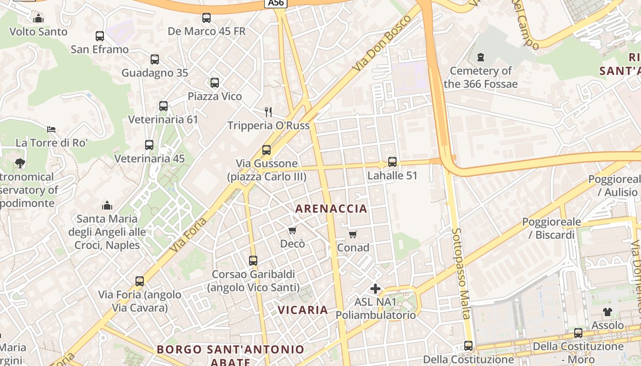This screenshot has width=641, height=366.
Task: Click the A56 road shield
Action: [276, 3]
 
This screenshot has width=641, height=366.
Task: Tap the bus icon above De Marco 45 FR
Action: [206, 18]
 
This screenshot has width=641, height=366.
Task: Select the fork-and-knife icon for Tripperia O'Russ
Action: [268, 112]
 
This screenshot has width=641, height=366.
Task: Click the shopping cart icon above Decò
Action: [292, 230]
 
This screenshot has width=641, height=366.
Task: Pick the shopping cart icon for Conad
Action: [353, 235]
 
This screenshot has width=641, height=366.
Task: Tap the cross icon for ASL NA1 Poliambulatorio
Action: [375, 289]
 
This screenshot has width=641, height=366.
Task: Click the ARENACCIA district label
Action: [331, 209]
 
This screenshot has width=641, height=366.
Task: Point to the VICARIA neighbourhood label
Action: [303, 310]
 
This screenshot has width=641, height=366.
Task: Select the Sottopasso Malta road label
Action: [461, 273]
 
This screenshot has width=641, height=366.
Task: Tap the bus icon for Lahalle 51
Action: [392, 162]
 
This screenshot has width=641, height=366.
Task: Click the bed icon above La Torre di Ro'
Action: [51, 129]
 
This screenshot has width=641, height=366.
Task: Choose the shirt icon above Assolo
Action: [607, 312]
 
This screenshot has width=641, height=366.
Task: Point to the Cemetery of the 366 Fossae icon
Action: [480, 58]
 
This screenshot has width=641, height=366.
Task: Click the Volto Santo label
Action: [38, 32]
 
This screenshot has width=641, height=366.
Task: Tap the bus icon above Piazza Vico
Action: [215, 83]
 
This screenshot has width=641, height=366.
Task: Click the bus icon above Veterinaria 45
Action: [149, 145]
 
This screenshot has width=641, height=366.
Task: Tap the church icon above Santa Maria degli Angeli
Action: [107, 205]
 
